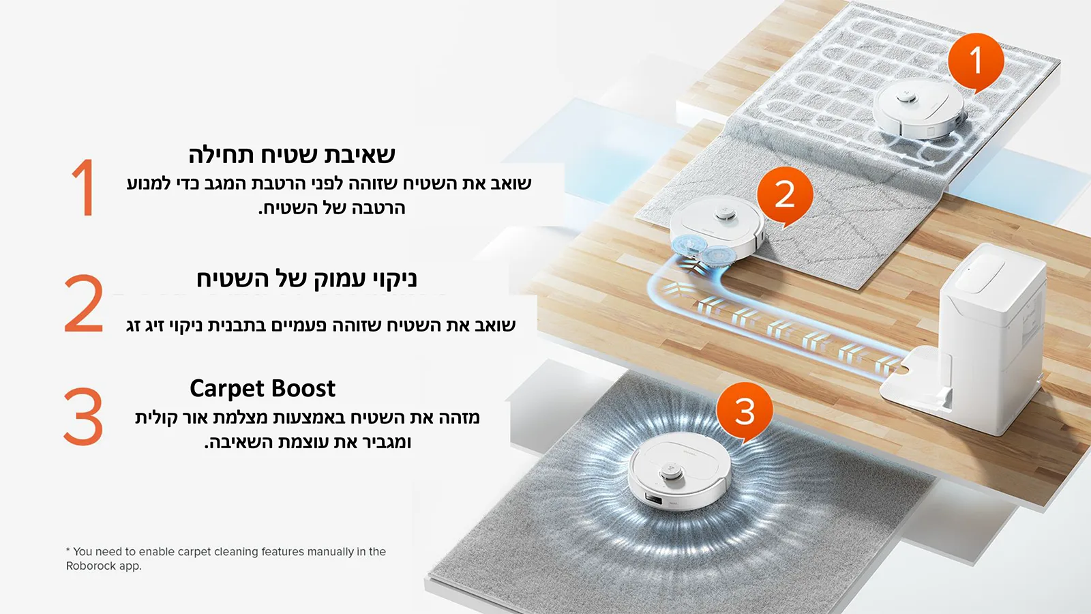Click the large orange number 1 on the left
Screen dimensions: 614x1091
tap(83, 188)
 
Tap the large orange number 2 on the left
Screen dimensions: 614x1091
tap(83, 304)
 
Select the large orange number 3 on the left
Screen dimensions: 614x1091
tap(83, 416)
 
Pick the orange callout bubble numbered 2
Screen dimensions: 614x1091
tap(785, 194)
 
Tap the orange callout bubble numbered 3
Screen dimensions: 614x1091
tap(745, 411)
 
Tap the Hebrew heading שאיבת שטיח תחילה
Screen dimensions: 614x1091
tap(292, 155)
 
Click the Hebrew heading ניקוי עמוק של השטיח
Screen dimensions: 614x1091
tap(306, 279)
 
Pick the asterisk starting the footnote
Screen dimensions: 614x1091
tap(68, 550)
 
